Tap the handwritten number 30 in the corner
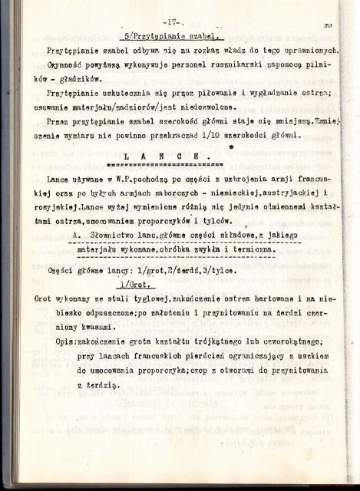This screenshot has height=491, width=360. pyautogui.click(x=327, y=26)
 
